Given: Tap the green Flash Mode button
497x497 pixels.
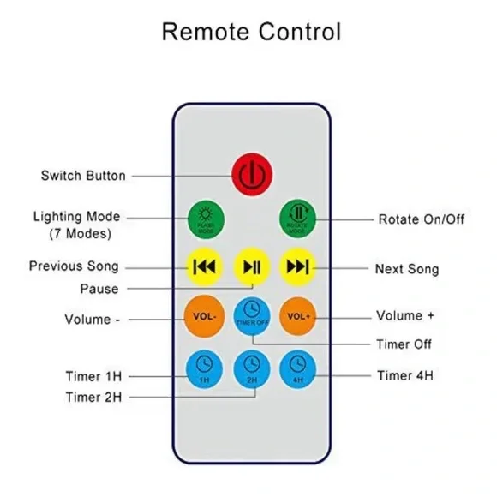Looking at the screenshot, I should [205, 219].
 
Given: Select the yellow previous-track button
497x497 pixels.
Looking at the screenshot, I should [205, 266].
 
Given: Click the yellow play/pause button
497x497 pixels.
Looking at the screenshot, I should [251, 267].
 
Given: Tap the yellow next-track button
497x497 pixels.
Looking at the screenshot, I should [297, 266].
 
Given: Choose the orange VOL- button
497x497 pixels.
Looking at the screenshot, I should [205, 316].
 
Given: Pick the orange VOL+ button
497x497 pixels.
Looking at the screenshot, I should [297, 316].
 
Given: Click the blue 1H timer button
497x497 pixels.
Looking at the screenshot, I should [205, 368].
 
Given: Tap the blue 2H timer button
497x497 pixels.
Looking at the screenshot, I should [251, 368].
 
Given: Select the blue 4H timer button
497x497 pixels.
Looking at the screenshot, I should [297, 368].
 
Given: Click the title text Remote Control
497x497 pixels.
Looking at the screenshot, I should [251, 33].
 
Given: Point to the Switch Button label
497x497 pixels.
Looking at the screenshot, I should [83, 176].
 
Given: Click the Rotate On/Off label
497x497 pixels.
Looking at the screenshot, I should [421, 219].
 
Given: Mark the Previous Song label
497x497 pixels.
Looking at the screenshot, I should [74, 266].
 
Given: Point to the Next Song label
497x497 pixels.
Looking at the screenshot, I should [407, 269].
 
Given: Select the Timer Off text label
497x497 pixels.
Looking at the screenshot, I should [404, 344].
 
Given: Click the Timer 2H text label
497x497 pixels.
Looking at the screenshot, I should [94, 397].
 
